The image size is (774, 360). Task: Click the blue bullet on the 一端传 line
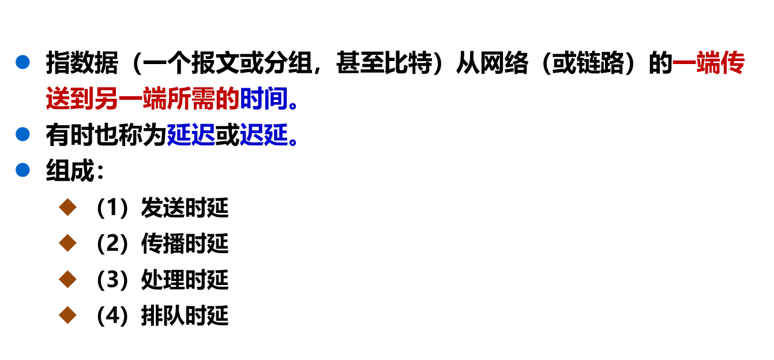pyautogui.click(x=22, y=62)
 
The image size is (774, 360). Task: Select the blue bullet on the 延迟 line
pyautogui.click(x=22, y=134)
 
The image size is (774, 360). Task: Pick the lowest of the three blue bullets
pyautogui.click(x=22, y=170)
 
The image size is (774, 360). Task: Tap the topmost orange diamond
pyautogui.click(x=67, y=207)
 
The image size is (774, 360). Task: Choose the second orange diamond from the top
pyautogui.click(x=67, y=243)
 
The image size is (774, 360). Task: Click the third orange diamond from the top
pyautogui.click(x=67, y=279)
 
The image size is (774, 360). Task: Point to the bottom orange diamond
pyautogui.click(x=67, y=315)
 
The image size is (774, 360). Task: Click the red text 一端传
pyautogui.click(x=708, y=63)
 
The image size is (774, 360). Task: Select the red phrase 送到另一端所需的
pyautogui.click(x=142, y=99)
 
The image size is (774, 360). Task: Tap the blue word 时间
pyautogui.click(x=264, y=99)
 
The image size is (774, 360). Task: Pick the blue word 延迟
pyautogui.click(x=191, y=135)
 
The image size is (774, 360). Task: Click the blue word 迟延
pyautogui.click(x=264, y=135)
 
